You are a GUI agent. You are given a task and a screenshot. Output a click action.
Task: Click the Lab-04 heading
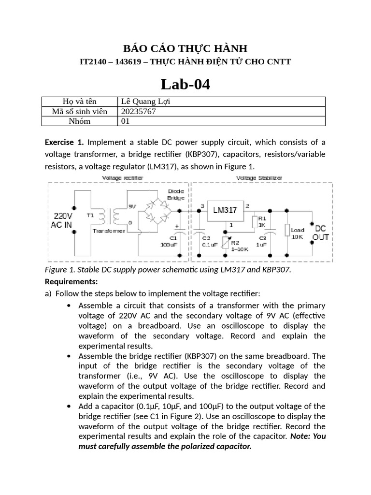[x=185, y=85]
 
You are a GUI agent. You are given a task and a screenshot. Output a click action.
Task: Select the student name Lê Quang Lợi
[x=145, y=102]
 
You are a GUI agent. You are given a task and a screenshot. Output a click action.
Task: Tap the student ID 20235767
[x=139, y=111]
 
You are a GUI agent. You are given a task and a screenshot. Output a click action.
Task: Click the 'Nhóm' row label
[x=80, y=121]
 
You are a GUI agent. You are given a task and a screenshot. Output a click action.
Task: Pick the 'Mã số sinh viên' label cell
[x=80, y=111]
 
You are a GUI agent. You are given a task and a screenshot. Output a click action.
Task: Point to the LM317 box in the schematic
[x=225, y=210]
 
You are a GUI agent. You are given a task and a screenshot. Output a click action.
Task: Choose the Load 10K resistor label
[x=297, y=233]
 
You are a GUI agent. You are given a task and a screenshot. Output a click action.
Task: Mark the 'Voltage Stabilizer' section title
[x=259, y=178]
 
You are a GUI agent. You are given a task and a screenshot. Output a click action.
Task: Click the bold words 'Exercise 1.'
[x=64, y=142]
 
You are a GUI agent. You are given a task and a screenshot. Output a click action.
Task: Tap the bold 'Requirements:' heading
[x=71, y=281]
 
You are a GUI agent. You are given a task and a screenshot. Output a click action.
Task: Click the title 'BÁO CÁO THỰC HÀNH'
[x=185, y=48]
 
